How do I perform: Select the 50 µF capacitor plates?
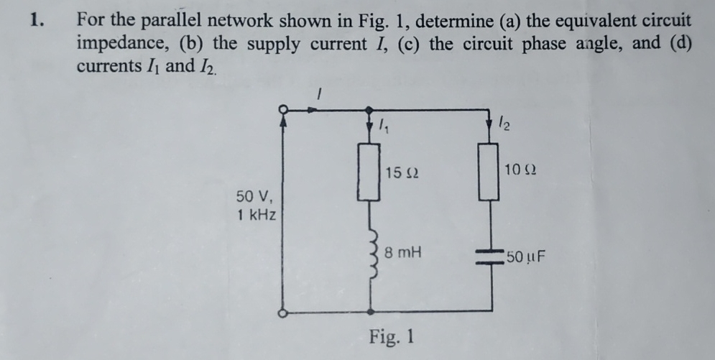click(492, 257)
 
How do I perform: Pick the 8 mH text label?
click(403, 253)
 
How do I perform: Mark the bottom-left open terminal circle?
click(284, 313)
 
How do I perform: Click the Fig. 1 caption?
click(391, 336)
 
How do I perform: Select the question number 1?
click(35, 20)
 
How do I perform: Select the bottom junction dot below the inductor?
click(370, 313)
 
